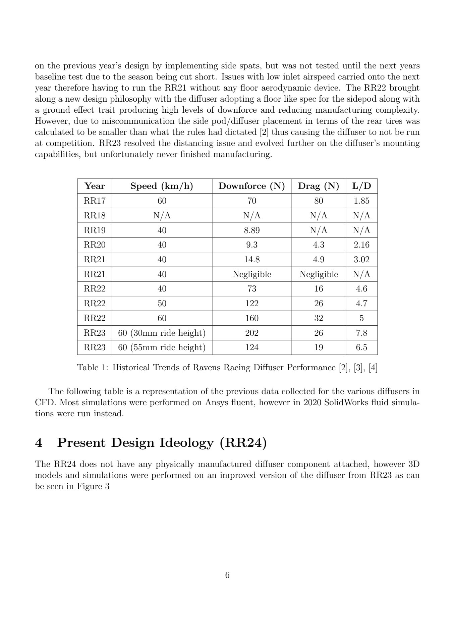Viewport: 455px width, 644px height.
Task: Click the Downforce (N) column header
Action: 251,186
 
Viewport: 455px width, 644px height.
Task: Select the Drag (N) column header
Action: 319,186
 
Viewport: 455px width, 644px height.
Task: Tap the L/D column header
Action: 361,186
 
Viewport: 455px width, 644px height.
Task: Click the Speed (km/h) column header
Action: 162,186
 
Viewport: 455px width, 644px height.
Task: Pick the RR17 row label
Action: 95,201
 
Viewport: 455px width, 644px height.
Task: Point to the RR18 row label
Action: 95,215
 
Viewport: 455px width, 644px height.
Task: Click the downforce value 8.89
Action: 251,230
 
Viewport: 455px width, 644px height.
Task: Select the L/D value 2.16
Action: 361,245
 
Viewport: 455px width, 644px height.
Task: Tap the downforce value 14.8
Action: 251,260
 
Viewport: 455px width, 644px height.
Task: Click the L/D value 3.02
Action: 361,260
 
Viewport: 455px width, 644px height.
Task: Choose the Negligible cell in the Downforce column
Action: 252,274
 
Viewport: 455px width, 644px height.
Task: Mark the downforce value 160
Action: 251,318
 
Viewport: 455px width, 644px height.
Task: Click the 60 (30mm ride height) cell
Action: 162,333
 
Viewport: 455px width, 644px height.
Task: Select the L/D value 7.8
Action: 361,333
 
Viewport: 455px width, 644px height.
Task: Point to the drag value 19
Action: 319,347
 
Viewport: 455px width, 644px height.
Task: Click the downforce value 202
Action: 251,333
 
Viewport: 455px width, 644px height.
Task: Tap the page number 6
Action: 227,575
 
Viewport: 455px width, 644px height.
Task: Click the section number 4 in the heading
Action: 39,443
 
